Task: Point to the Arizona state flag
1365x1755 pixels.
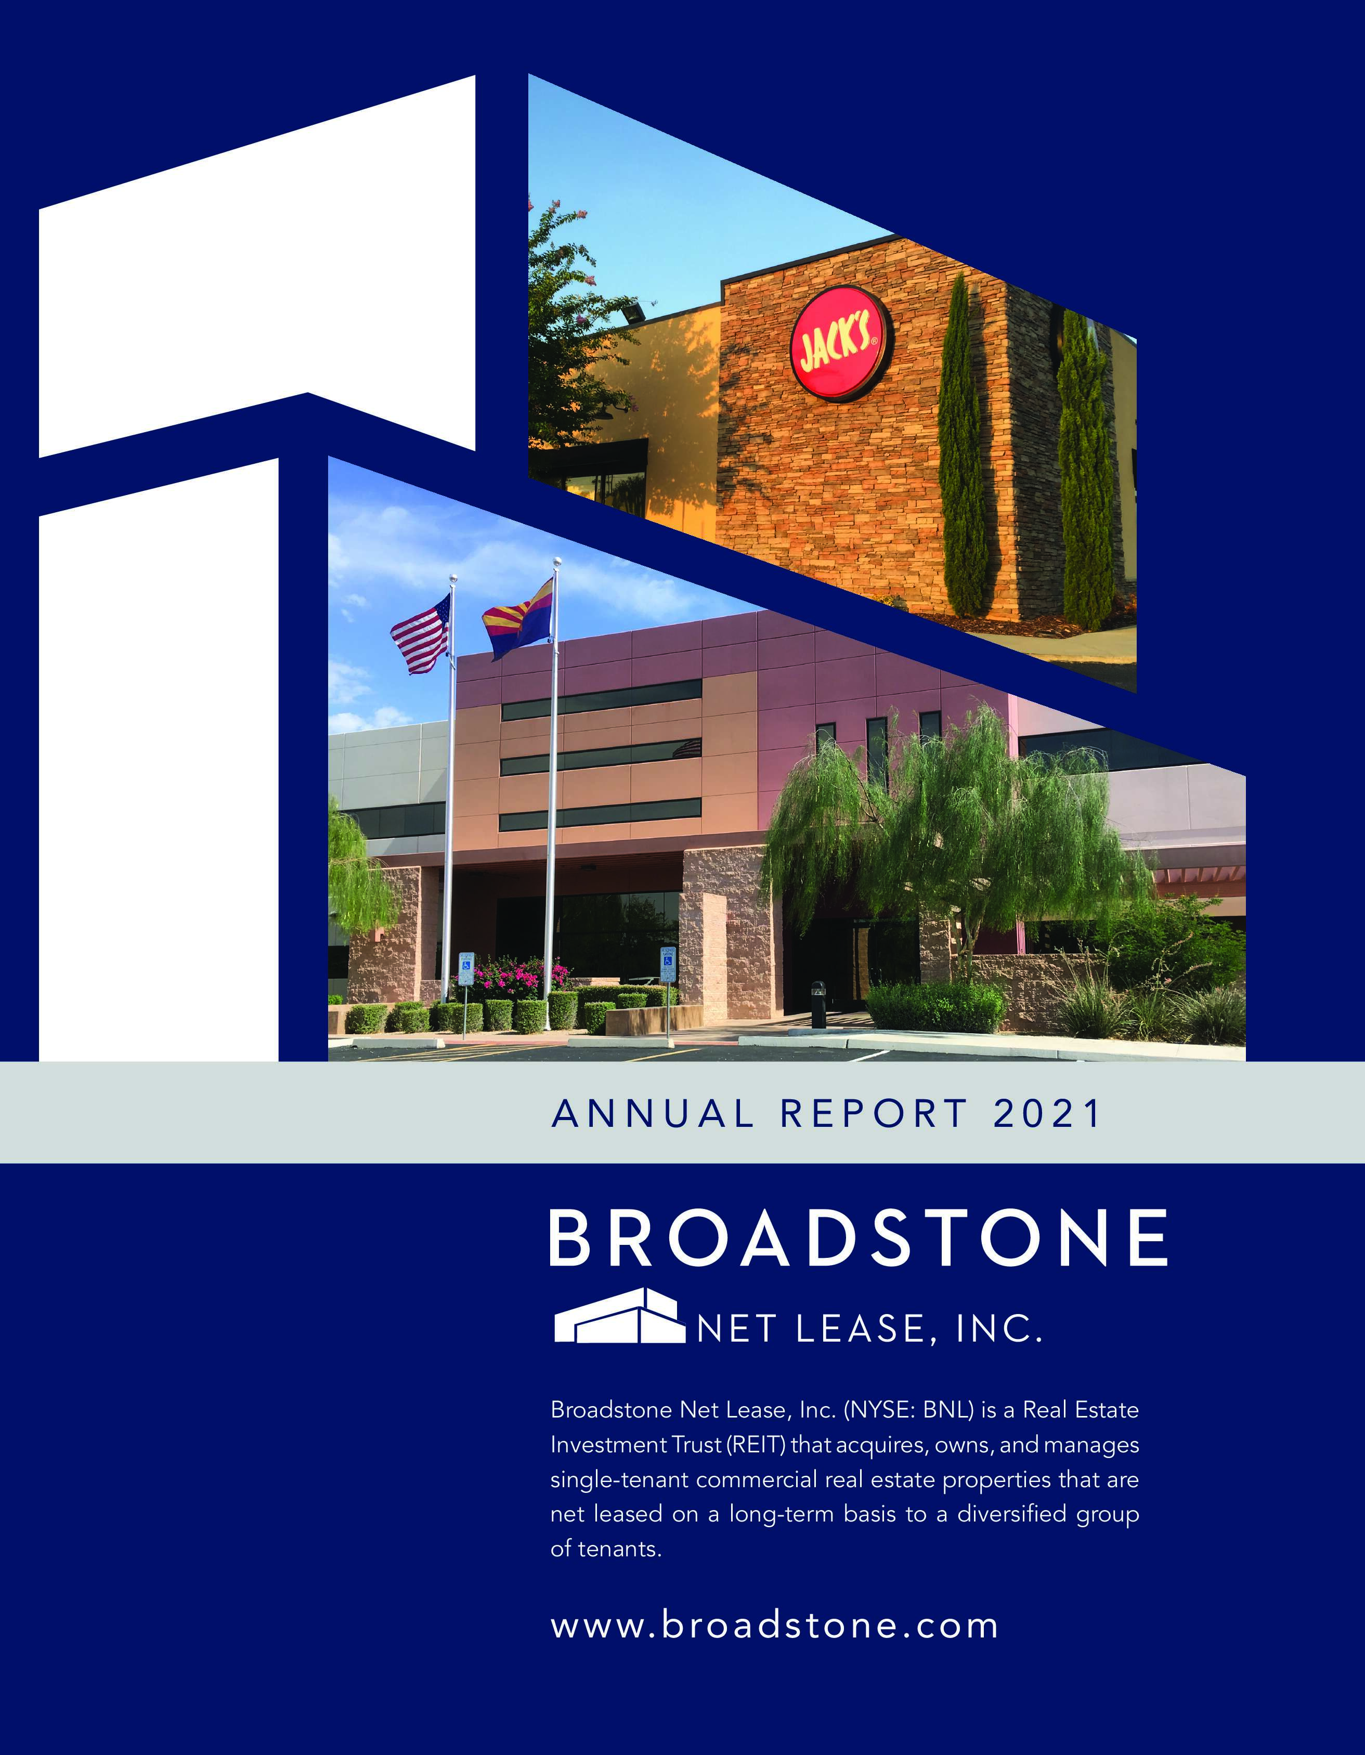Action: click(x=518, y=618)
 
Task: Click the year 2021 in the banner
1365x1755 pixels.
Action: click(x=1047, y=1114)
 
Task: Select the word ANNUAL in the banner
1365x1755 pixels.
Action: click(x=653, y=1114)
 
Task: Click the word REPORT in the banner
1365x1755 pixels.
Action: click(x=873, y=1114)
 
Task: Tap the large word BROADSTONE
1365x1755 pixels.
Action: click(x=858, y=1238)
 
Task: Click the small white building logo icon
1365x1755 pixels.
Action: click(x=619, y=1316)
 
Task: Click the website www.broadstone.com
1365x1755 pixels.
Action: click(x=774, y=1625)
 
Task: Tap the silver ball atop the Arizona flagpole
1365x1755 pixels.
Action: click(x=557, y=561)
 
